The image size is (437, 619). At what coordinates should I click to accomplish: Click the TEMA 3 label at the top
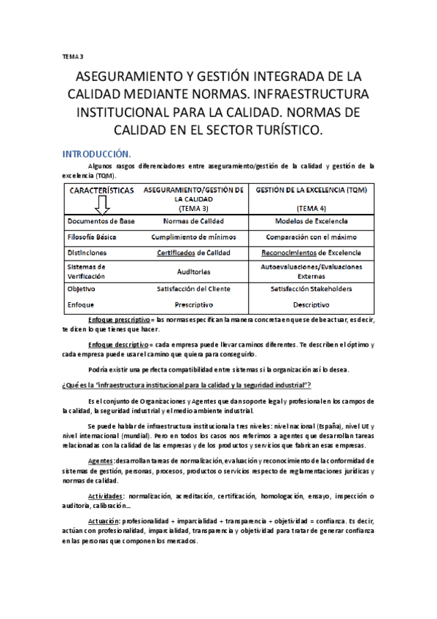pos(73,56)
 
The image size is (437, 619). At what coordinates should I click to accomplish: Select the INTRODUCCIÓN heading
pos(96,154)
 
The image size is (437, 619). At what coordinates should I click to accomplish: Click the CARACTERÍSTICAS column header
pos(101,191)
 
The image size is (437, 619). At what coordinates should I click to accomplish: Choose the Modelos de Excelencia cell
pos(312,221)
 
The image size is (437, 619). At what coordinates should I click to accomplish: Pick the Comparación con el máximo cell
pos(312,237)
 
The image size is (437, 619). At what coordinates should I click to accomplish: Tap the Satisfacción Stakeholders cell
pos(312,288)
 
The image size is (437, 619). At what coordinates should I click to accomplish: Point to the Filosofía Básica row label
pos(91,237)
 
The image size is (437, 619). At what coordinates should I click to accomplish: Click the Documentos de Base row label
pos(100,221)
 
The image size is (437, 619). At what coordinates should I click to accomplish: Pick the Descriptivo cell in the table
pos(312,304)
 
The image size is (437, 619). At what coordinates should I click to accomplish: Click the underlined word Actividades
pos(105,496)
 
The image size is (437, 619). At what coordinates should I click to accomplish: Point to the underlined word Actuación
pos(103,522)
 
